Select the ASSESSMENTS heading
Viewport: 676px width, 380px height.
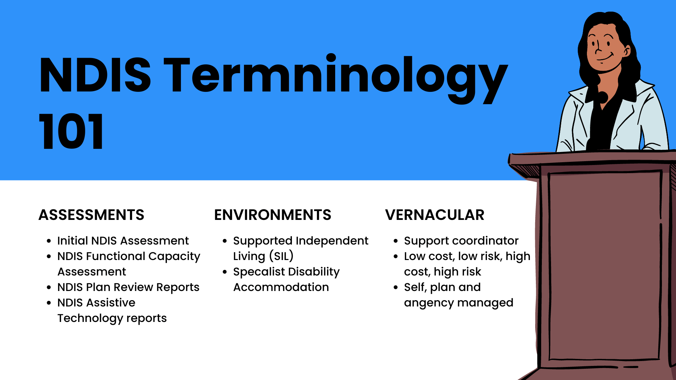click(92, 215)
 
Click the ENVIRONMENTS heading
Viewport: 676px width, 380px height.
click(273, 215)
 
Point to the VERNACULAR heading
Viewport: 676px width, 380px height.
click(435, 215)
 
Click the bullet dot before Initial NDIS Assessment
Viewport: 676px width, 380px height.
click(49, 241)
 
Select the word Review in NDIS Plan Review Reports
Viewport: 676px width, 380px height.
click(133, 287)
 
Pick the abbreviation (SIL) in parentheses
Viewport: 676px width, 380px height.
click(281, 256)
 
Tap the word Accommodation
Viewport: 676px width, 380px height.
click(281, 287)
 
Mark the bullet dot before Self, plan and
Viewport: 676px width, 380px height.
click(396, 287)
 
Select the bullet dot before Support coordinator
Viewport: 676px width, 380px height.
click(396, 241)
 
